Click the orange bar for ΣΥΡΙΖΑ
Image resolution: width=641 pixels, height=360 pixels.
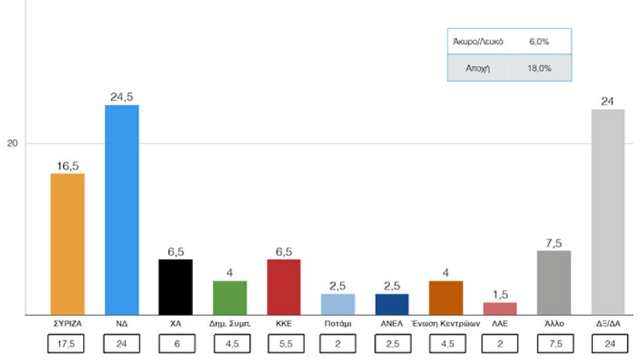pos(68,244)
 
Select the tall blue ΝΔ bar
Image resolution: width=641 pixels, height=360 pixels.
pos(121,210)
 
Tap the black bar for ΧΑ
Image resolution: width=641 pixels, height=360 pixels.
pos(176,287)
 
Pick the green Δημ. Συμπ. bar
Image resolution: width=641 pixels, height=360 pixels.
pos(229,298)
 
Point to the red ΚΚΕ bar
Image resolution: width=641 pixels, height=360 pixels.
pos(283,287)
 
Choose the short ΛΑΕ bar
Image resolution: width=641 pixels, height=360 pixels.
pos(500,309)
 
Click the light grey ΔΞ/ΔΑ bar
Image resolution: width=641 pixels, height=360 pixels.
pos(608,212)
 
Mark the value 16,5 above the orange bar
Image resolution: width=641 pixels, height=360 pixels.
pos(68,166)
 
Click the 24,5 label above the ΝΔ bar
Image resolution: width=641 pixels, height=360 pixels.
pos(121,97)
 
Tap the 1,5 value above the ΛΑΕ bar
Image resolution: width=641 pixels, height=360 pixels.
pos(500,294)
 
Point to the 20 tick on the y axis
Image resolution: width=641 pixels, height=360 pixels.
pos(12,144)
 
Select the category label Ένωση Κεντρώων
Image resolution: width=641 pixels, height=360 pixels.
pos(446,324)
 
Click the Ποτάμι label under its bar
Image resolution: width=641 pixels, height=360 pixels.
pos(338,324)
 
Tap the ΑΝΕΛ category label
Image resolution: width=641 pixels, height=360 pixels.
pos(391,324)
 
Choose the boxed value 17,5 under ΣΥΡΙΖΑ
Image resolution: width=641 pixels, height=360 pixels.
pos(68,345)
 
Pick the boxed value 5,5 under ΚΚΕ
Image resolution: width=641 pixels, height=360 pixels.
pos(283,345)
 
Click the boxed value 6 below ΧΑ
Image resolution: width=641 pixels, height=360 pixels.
pos(176,345)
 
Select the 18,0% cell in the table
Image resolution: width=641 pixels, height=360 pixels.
pos(540,69)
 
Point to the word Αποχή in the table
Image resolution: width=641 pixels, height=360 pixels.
pos(478,69)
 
